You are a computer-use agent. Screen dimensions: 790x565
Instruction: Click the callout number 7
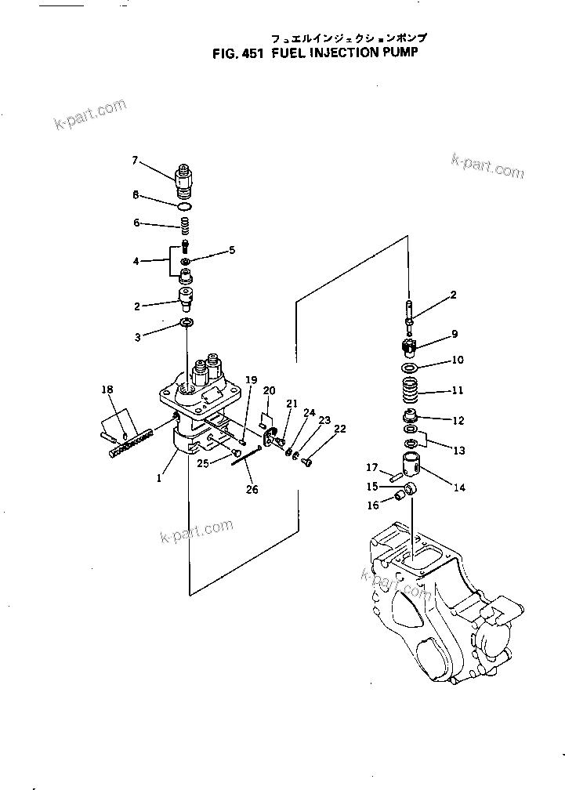tap(135, 160)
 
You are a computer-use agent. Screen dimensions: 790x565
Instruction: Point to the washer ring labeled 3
tap(186, 323)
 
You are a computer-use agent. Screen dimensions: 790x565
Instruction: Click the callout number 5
tap(232, 251)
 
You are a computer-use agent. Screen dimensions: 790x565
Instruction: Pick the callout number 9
tap(453, 335)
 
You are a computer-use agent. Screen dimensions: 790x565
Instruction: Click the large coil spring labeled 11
tap(411, 389)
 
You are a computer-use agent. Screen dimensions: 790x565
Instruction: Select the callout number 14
tap(459, 487)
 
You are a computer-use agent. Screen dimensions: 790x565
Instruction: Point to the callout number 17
tap(371, 468)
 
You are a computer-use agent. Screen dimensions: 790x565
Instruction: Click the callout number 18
tap(107, 389)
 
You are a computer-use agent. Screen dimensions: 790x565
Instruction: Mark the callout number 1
tap(158, 477)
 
